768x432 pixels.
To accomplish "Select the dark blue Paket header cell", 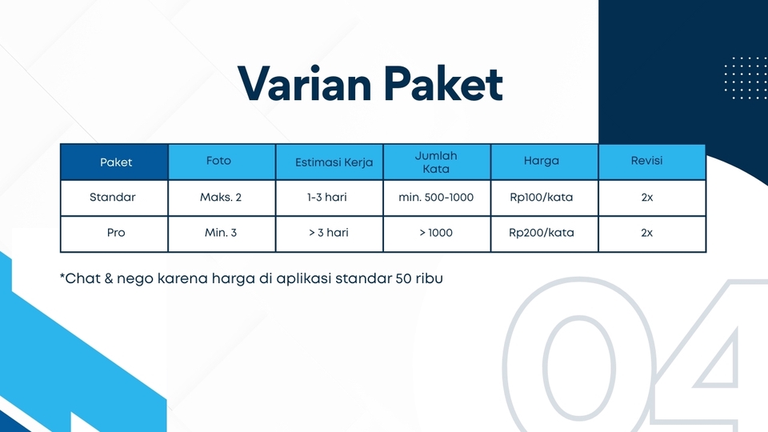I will pyautogui.click(x=116, y=162).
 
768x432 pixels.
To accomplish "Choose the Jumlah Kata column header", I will pyautogui.click(x=436, y=162).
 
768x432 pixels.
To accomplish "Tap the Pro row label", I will pyautogui.click(x=116, y=233).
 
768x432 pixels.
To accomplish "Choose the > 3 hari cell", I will pyautogui.click(x=328, y=233).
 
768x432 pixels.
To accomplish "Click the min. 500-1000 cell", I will pyautogui.click(x=435, y=197).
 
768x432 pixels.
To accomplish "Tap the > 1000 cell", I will pyautogui.click(x=435, y=233).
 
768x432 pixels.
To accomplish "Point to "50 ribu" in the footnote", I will pyautogui.click(x=420, y=279).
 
